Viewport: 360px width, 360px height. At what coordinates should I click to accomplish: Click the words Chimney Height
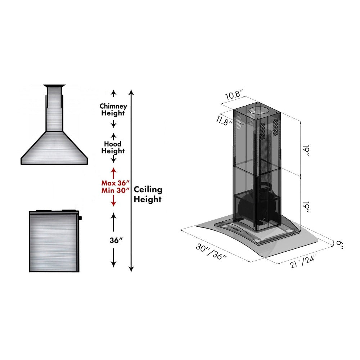point(113,109)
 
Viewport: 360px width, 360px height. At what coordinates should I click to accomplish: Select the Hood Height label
point(113,148)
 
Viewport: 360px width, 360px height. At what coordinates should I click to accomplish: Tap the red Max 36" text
point(115,183)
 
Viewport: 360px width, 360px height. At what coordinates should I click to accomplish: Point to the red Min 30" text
point(115,190)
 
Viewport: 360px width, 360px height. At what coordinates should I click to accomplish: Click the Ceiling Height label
point(148,194)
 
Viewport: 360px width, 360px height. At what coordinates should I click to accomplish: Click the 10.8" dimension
point(235,96)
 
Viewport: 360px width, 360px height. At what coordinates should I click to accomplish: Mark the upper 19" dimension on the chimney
point(306,150)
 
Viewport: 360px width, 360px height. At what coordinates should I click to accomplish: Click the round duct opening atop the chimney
point(258,111)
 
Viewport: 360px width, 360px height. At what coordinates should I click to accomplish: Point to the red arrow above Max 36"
point(113,172)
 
